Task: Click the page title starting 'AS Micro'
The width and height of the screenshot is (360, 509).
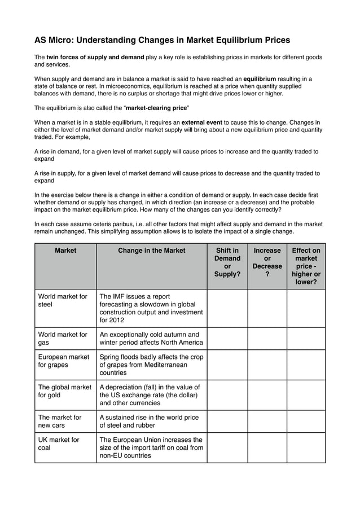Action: pos(162,40)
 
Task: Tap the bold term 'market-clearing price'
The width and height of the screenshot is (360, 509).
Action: pos(156,107)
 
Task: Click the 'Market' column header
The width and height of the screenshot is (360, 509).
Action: pos(65,251)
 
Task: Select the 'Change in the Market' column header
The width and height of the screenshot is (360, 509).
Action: pos(151,251)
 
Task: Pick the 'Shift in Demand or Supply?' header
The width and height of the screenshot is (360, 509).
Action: pos(227,262)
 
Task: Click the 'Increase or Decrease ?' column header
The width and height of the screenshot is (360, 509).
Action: pos(267,262)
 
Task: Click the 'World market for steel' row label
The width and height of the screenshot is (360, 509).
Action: pos(63,300)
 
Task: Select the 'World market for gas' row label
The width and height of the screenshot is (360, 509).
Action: pos(63,339)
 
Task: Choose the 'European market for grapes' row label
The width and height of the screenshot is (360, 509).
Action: pos(63,361)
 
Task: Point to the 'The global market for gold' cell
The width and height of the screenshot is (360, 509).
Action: pos(64,391)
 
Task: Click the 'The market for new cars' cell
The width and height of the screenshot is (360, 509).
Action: pos(59,422)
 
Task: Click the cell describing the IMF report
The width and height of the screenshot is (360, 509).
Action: pos(151,308)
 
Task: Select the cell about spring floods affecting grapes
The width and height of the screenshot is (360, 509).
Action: pos(151,365)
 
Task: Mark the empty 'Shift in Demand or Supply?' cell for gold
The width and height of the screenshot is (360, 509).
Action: pos(227,395)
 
